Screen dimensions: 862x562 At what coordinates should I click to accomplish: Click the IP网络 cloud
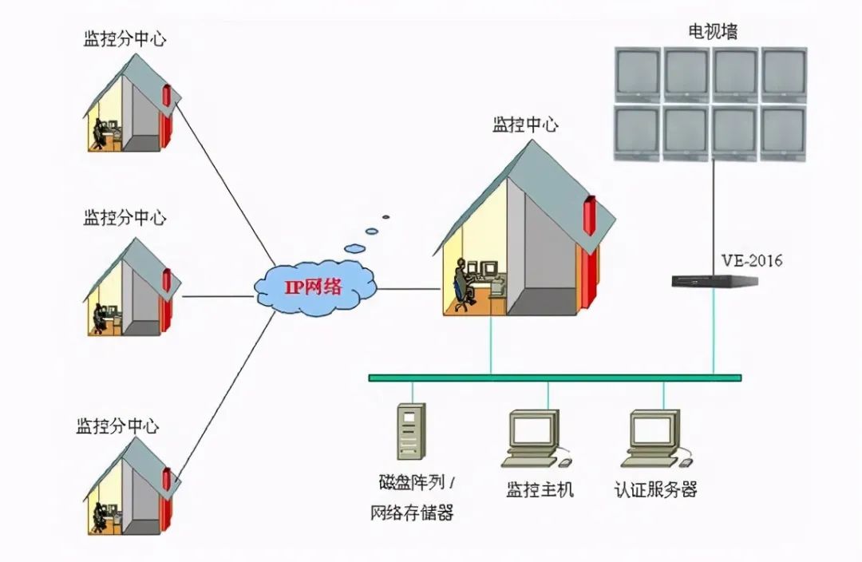coord(315,288)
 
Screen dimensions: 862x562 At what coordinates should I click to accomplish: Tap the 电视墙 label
coord(713,31)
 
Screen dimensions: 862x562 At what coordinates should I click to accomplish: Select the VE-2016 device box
coord(714,281)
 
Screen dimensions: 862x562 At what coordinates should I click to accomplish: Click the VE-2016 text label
coord(752,260)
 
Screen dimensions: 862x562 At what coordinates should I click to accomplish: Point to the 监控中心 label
coord(525,125)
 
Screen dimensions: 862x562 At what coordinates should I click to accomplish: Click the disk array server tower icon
coord(411,431)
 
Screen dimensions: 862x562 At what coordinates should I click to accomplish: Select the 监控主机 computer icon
coord(534,439)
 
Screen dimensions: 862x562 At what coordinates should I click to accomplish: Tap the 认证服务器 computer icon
coord(655,439)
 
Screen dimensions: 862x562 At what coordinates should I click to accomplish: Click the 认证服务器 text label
coord(656,489)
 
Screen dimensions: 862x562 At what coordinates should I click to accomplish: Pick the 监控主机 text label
coord(540,489)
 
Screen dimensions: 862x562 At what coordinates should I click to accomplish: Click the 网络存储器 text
coord(413,513)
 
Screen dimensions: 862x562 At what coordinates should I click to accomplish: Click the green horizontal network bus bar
coord(555,378)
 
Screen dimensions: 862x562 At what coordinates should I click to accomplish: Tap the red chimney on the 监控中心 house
coord(590,215)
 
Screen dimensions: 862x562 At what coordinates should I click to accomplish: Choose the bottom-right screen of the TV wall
coord(783,133)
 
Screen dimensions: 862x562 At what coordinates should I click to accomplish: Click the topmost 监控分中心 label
coord(125,39)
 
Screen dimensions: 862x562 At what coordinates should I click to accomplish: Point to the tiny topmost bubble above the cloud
coord(386,216)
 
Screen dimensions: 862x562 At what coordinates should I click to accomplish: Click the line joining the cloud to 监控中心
coord(410,288)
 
